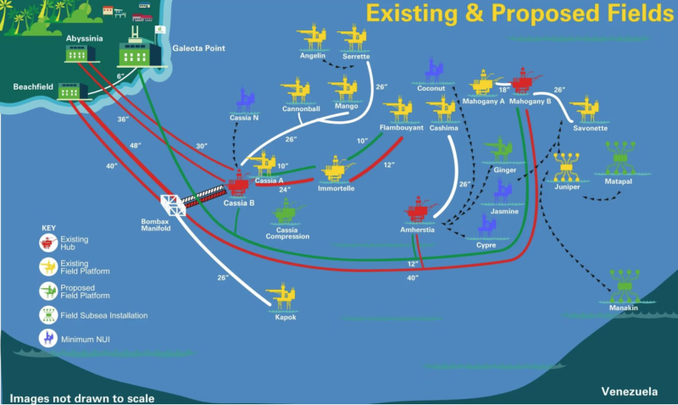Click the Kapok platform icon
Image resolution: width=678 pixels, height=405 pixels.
pyautogui.click(x=282, y=297)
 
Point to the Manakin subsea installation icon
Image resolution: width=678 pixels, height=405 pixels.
pyautogui.click(x=625, y=286)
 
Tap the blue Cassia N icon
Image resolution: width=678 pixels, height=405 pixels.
pyautogui.click(x=246, y=99)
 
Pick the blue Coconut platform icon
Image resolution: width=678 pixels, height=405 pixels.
pyautogui.click(x=434, y=70)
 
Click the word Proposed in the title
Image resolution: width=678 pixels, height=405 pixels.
pyautogui.click(x=531, y=13)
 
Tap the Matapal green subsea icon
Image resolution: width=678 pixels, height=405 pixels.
pyautogui.click(x=622, y=157)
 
